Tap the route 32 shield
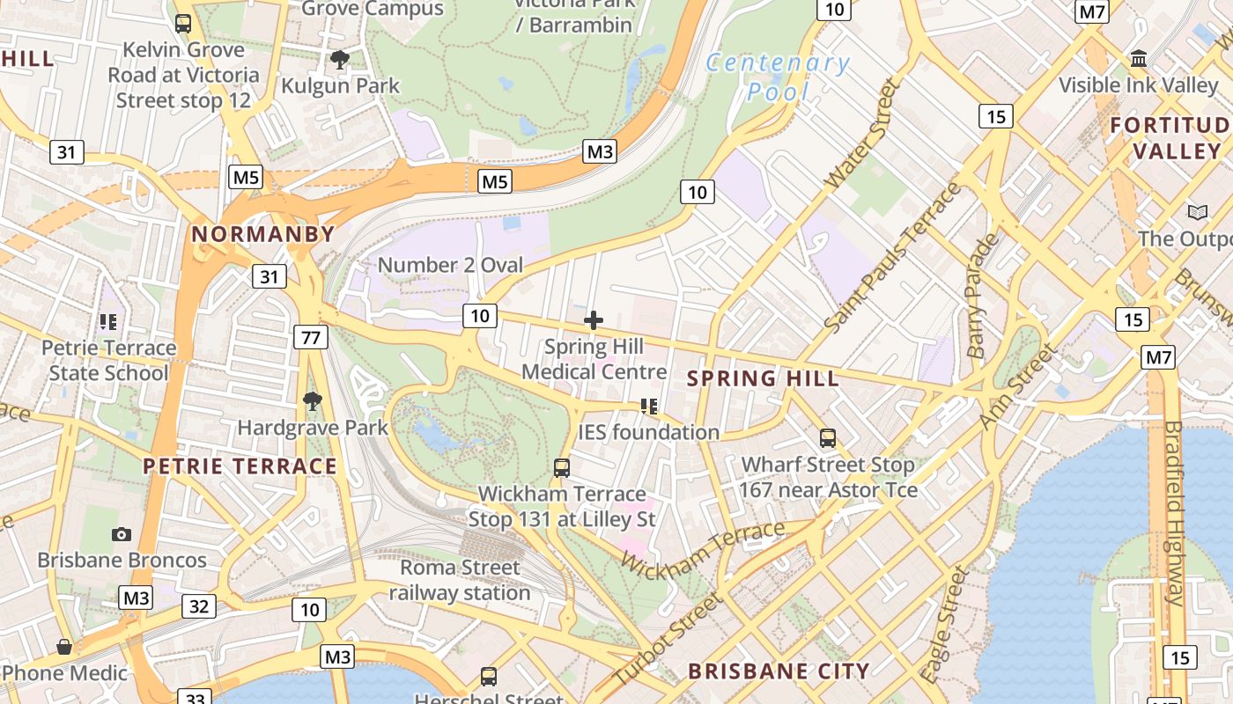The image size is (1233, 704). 199,605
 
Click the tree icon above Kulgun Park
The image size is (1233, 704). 340,60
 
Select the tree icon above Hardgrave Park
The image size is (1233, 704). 312,402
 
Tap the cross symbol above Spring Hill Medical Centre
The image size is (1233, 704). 594,320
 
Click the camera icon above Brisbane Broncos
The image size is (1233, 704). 122,534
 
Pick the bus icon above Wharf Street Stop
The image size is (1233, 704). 828,437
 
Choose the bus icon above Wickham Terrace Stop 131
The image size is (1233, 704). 562,467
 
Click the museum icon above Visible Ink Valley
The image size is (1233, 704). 1139,59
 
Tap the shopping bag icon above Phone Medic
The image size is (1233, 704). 64,647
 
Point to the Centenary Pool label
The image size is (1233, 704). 778,77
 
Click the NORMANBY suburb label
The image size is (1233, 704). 263,234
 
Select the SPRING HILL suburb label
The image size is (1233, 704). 763,378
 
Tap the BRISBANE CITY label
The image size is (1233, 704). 779,671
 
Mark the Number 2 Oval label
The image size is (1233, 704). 450,265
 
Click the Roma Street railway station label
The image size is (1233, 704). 460,580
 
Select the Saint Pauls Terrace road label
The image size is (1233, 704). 892,258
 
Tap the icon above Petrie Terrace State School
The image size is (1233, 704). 108,322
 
